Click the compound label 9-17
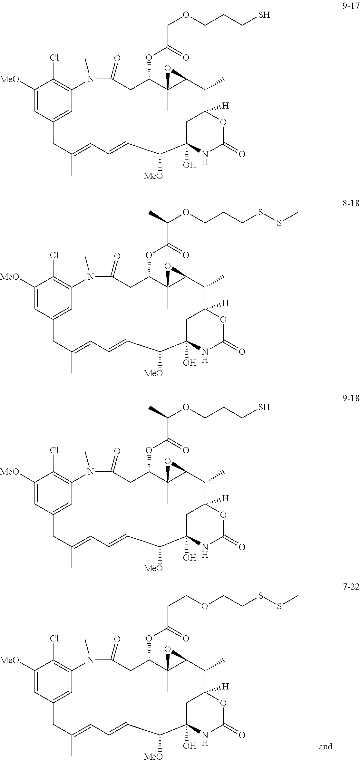[x=350, y=6]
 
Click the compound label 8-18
[x=350, y=204]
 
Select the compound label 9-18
[x=350, y=399]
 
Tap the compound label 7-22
[x=350, y=587]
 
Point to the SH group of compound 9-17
[x=264, y=15]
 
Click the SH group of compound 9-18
[x=264, y=407]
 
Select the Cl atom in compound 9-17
[x=54, y=58]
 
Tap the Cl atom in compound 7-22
[x=54, y=639]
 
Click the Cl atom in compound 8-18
[x=54, y=255]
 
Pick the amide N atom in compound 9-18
[x=91, y=472]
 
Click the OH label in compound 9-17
[x=190, y=166]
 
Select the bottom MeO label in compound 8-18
[x=153, y=373]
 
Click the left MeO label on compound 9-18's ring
[x=9, y=472]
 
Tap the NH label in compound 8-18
[x=205, y=355]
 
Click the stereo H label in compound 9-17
[x=226, y=106]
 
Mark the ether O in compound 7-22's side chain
[x=204, y=607]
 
